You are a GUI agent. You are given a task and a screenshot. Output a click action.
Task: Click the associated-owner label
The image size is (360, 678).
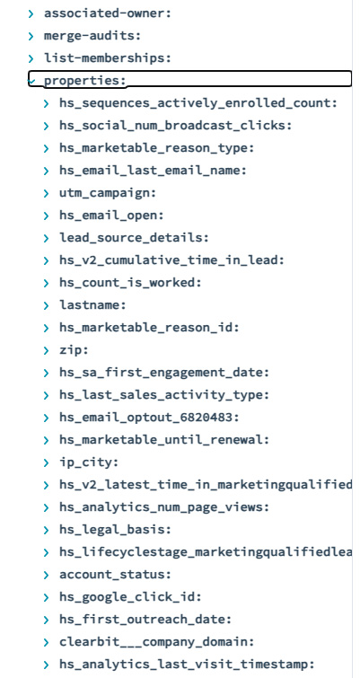pyautogui.click(x=108, y=13)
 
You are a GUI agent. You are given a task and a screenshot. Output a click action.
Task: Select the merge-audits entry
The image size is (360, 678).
pyautogui.click(x=92, y=36)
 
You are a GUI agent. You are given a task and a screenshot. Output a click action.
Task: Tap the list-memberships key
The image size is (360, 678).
pyautogui.click(x=108, y=58)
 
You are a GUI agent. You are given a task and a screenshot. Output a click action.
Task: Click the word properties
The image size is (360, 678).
pyautogui.click(x=84, y=81)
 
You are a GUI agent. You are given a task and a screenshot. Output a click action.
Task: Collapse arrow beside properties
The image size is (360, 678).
pyautogui.click(x=31, y=81)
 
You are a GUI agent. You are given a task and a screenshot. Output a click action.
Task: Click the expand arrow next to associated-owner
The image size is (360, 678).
pyautogui.click(x=31, y=13)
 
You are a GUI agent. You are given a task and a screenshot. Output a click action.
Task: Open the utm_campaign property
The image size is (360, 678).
pyautogui.click(x=108, y=193)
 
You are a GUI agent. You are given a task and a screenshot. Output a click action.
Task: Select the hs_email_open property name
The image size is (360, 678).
pyautogui.click(x=111, y=216)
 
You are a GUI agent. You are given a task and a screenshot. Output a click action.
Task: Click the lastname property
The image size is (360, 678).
pyautogui.click(x=92, y=305)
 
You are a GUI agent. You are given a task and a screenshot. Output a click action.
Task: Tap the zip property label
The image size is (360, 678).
pyautogui.click(x=74, y=350)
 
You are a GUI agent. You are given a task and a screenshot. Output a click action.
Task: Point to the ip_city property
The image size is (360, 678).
pyautogui.click(x=89, y=462)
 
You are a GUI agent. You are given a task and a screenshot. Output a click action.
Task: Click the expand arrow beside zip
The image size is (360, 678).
pyautogui.click(x=47, y=351)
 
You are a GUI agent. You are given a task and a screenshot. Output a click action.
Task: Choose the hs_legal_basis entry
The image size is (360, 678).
pyautogui.click(x=116, y=530)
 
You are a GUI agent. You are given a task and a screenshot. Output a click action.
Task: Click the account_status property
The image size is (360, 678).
pyautogui.click(x=116, y=575)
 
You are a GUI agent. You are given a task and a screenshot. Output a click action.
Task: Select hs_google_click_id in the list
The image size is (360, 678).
pyautogui.click(x=130, y=597)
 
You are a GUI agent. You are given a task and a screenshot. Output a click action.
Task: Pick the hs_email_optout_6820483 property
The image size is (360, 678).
pyautogui.click(x=149, y=418)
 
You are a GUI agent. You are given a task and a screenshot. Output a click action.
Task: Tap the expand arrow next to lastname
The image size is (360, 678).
pyautogui.click(x=47, y=305)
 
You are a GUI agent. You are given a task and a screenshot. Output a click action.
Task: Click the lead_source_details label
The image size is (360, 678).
pyautogui.click(x=134, y=238)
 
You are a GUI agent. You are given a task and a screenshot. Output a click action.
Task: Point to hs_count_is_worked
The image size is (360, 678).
pyautogui.click(x=130, y=283)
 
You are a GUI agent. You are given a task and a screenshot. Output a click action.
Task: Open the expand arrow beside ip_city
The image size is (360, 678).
pyautogui.click(x=47, y=463)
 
